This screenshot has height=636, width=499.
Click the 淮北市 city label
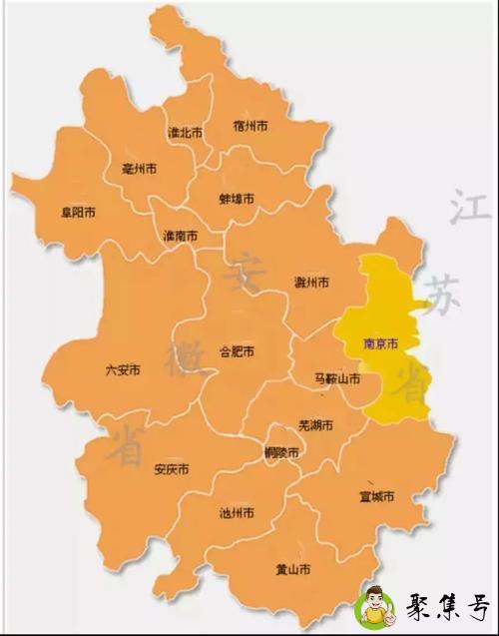185,132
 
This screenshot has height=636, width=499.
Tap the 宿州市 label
250,126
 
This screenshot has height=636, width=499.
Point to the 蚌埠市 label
237,199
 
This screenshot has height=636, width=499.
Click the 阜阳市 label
78,213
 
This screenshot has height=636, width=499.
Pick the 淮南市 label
180,236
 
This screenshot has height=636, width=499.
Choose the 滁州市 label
312,282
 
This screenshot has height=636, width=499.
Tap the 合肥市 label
237,351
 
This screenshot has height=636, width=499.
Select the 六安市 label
123,369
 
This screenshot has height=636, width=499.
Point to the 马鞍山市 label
336,378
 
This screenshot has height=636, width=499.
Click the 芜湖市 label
315,425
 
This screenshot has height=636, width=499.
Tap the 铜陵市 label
281,452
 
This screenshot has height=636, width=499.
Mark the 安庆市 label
172,469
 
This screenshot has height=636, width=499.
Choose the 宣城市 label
377,496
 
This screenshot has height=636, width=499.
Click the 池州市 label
236,513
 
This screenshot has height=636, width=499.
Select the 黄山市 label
292,570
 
